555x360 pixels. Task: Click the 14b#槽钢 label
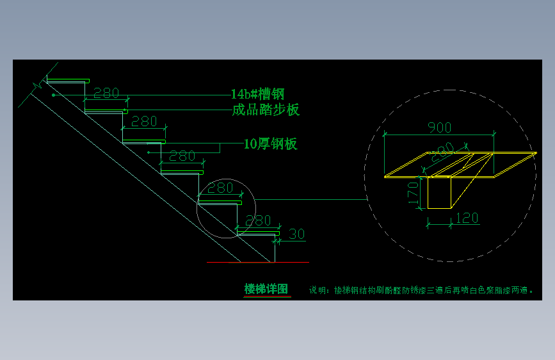[x=257, y=94]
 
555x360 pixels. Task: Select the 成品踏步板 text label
[x=265, y=110]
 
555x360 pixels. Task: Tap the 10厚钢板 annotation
[x=271, y=144]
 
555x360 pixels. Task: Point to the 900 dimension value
[x=439, y=127]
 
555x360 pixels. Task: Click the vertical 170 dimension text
[x=413, y=192]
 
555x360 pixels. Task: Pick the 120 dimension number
[x=467, y=218]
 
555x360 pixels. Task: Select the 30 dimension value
[x=296, y=234]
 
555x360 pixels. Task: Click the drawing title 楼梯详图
[x=267, y=289]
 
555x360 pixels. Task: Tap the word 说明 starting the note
[x=317, y=290]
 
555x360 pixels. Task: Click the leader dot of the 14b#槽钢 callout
[x=54, y=95]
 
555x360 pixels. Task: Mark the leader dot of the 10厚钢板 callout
[x=149, y=152]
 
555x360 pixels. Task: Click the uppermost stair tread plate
[x=67, y=81]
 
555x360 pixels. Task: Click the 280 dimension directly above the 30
[x=259, y=220]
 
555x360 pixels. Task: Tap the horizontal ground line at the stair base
[x=256, y=262]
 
